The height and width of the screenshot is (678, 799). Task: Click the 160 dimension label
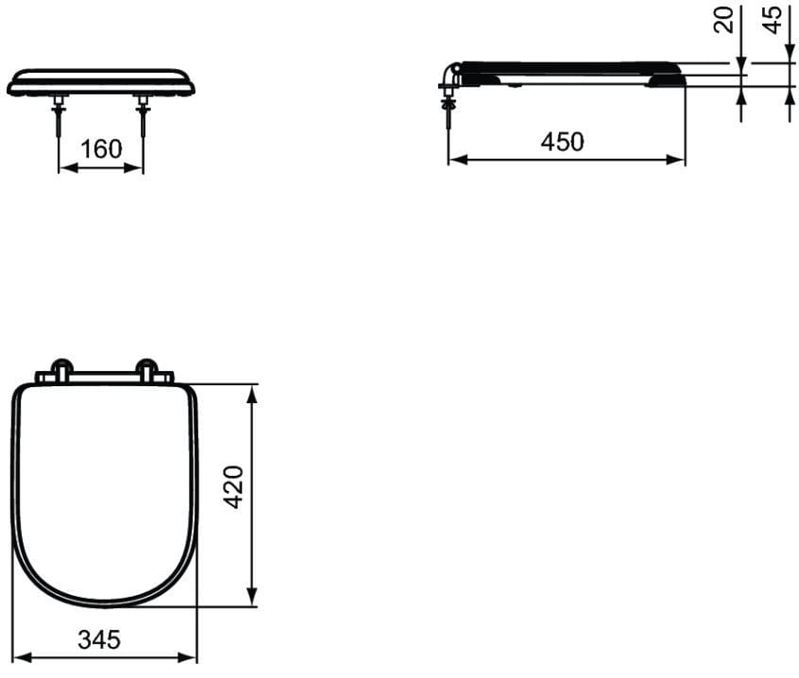101,149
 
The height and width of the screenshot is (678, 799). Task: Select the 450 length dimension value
562,142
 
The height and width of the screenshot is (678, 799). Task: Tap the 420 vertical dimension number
234,487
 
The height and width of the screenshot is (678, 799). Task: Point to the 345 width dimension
99,639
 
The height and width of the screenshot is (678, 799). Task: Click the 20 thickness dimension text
723,20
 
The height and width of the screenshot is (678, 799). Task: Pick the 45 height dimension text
773,20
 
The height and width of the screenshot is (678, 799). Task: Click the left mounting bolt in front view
59,114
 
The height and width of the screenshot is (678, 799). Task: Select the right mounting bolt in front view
144,115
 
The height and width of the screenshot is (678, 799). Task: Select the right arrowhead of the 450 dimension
675,160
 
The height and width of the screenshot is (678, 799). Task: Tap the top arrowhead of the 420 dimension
251,394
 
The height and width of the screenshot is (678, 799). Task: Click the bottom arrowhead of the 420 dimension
251,597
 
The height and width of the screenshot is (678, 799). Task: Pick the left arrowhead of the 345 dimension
22,657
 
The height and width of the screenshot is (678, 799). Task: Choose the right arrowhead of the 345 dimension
187,657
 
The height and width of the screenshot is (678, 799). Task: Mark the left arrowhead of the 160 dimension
69,167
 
